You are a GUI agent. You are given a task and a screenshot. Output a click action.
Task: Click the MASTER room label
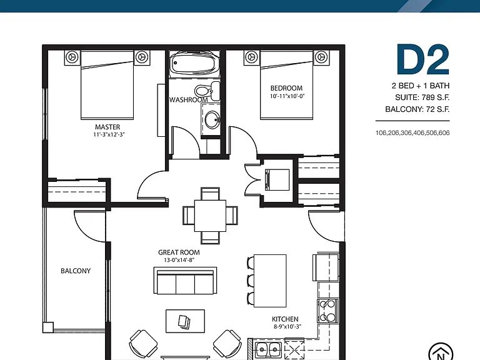tap(107, 127)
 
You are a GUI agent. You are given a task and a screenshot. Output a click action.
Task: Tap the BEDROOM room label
tap(286, 88)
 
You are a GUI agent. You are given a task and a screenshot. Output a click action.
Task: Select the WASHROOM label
tap(188, 100)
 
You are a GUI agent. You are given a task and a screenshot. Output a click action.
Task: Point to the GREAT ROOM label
tap(179, 252)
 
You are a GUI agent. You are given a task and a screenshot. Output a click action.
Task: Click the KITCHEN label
tap(285, 319)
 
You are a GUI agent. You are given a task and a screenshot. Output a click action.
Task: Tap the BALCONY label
tap(76, 271)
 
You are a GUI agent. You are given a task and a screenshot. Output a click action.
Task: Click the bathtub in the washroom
tap(194, 63)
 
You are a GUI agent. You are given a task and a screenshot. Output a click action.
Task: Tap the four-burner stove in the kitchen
tap(327, 311)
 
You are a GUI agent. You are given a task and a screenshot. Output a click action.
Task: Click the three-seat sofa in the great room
tap(185, 281)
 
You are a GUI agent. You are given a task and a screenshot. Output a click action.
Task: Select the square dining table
tap(210, 216)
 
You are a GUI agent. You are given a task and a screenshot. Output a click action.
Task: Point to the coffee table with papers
tap(185, 321)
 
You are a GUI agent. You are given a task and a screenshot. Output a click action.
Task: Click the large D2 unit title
tap(423, 60)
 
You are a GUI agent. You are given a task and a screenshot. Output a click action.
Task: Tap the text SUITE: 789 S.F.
tap(422, 97)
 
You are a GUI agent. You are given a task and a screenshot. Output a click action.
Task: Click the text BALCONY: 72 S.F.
tap(417, 109)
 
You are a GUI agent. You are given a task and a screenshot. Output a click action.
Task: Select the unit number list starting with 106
tap(412, 133)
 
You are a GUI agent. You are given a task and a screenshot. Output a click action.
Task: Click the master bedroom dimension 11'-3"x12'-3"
tap(109, 134)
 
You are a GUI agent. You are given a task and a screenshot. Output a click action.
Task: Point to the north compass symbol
tap(441, 352)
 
